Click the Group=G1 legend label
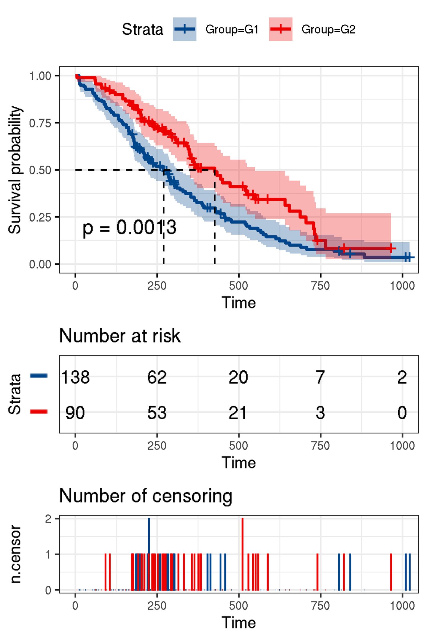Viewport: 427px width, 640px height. [232, 29]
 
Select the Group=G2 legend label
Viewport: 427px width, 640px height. [328, 29]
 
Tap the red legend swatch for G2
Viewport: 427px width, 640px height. [281, 29]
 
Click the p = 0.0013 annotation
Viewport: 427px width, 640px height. [129, 228]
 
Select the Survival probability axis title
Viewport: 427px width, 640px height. [15, 170]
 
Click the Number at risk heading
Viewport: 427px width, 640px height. [120, 336]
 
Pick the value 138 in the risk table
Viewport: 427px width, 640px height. [75, 377]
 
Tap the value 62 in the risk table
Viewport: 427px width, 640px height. [157, 377]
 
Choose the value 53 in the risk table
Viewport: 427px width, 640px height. [157, 413]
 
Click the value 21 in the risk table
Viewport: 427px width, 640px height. [238, 413]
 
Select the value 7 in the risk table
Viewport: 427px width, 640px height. [320, 377]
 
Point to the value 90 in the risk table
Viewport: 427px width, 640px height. [75, 413]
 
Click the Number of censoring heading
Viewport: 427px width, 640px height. [146, 496]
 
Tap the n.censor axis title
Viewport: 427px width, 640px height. [15, 554]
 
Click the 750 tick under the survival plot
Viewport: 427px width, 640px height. [320, 286]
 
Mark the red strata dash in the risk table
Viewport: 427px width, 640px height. [39, 411]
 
